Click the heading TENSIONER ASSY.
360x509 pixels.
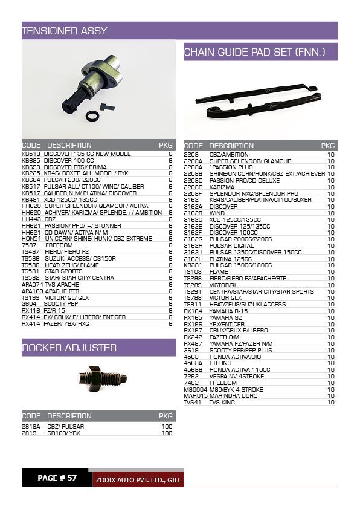tap(65, 30)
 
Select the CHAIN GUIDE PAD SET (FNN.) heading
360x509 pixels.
tap(254, 53)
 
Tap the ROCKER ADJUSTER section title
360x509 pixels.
tap(69, 348)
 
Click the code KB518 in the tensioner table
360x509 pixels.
tap(31, 154)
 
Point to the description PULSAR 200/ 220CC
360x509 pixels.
tap(72, 180)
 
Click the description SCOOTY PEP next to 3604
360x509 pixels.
tap(61, 303)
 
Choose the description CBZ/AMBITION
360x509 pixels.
tap(229, 155)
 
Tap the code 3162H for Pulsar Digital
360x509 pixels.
tap(193, 245)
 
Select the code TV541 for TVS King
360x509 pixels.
tap(192, 402)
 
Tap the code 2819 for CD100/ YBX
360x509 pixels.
tap(29, 433)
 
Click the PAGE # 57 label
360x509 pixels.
tap(57, 478)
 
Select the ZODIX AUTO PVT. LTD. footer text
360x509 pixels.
tap(138, 480)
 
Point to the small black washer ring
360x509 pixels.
tap(92, 115)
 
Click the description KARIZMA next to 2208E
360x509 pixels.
tap(222, 187)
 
